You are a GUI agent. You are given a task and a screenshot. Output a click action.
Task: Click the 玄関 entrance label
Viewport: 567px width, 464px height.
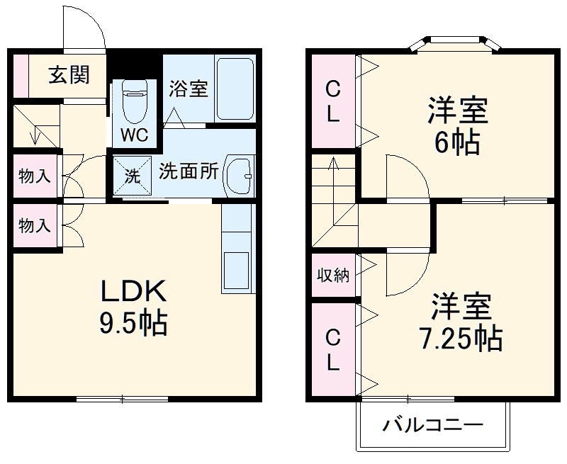coord(68,75)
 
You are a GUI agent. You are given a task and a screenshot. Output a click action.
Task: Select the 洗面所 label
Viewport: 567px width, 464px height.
coord(188,172)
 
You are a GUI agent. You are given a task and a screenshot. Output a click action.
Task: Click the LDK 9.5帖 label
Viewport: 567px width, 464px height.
coord(133,307)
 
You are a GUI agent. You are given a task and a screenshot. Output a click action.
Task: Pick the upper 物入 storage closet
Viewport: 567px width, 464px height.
coord(35,176)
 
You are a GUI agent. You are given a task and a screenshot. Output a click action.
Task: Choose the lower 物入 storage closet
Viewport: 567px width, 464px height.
coord(35,226)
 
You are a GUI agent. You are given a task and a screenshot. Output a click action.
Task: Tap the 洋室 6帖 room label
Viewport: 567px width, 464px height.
coord(458,128)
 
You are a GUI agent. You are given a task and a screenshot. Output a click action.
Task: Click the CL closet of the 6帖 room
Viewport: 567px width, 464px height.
coord(333,101)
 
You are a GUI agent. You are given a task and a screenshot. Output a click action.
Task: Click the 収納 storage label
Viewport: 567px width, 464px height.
coord(333,275)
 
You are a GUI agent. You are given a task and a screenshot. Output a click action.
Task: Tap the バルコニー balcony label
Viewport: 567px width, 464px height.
coord(433,426)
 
